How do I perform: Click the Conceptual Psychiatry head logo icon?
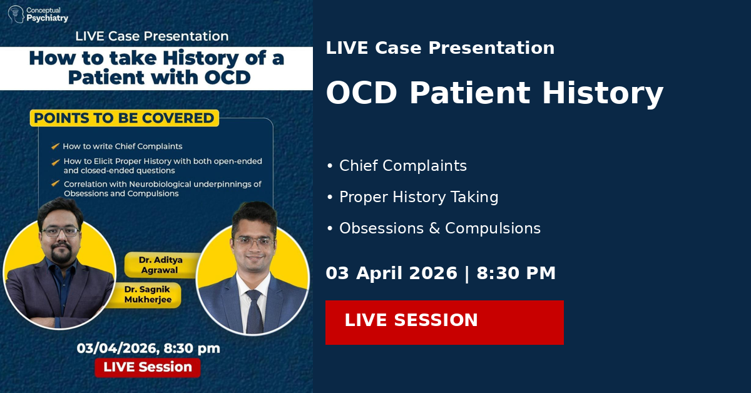[x=16, y=14]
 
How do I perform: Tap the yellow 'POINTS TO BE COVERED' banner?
[x=125, y=118]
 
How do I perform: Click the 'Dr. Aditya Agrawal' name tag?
[x=161, y=265]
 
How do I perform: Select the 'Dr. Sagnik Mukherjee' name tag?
[x=148, y=294]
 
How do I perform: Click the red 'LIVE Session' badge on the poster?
[x=148, y=367]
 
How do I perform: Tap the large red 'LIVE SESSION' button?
[x=444, y=322]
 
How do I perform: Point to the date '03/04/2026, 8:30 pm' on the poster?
[x=148, y=348]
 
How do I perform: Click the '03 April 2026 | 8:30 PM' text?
[x=441, y=273]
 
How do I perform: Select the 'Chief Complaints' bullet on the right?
[x=397, y=166]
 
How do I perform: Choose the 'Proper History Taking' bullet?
[x=412, y=197]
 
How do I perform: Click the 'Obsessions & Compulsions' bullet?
[x=434, y=228]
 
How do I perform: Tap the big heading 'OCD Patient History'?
[x=494, y=93]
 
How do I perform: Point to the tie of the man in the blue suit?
[x=255, y=311]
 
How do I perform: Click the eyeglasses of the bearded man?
[x=60, y=232]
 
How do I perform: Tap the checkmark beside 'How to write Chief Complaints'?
[x=55, y=146]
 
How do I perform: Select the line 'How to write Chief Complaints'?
[x=123, y=146]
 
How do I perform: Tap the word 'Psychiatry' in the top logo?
[x=48, y=18]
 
